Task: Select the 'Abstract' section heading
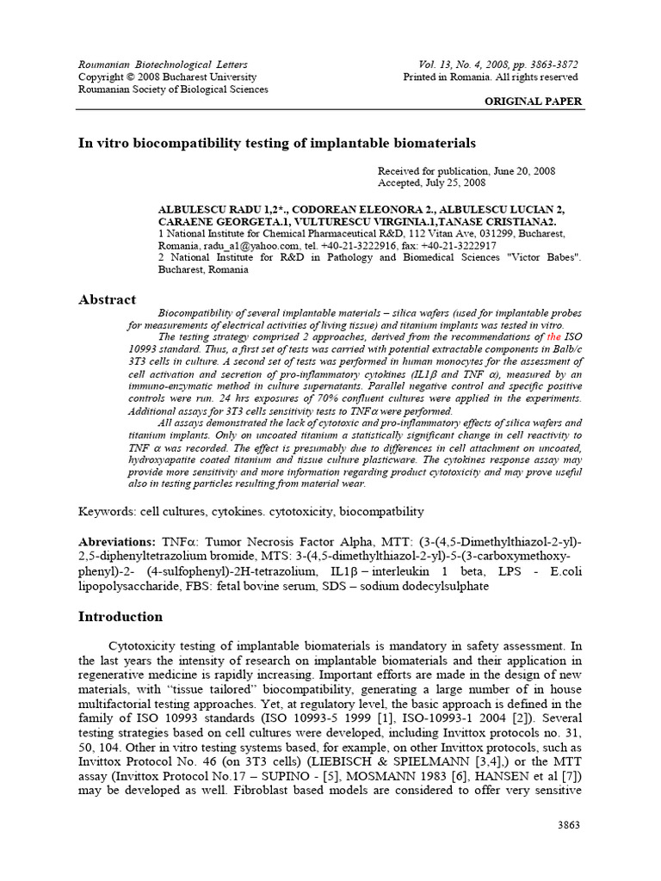pos(107,299)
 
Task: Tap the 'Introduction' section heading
pos(120,617)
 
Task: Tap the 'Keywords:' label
pos(107,512)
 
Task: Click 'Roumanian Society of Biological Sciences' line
pos(173,89)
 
